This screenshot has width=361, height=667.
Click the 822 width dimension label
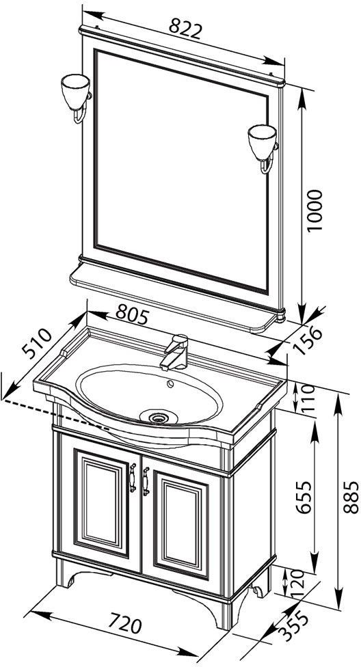click(x=185, y=29)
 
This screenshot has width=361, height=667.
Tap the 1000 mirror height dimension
click(x=315, y=210)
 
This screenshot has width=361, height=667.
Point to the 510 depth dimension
click(x=37, y=344)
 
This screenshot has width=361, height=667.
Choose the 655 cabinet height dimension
click(x=304, y=498)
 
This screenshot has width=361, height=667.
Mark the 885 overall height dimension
click(x=351, y=498)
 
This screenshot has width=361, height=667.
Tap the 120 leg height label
click(x=297, y=582)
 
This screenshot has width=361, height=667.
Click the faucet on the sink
click(x=176, y=352)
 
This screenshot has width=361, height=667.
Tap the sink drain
click(x=159, y=417)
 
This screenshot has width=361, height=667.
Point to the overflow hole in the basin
click(x=170, y=384)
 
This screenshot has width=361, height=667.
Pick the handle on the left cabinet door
click(x=133, y=477)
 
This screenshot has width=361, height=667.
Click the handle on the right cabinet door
click(x=146, y=481)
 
